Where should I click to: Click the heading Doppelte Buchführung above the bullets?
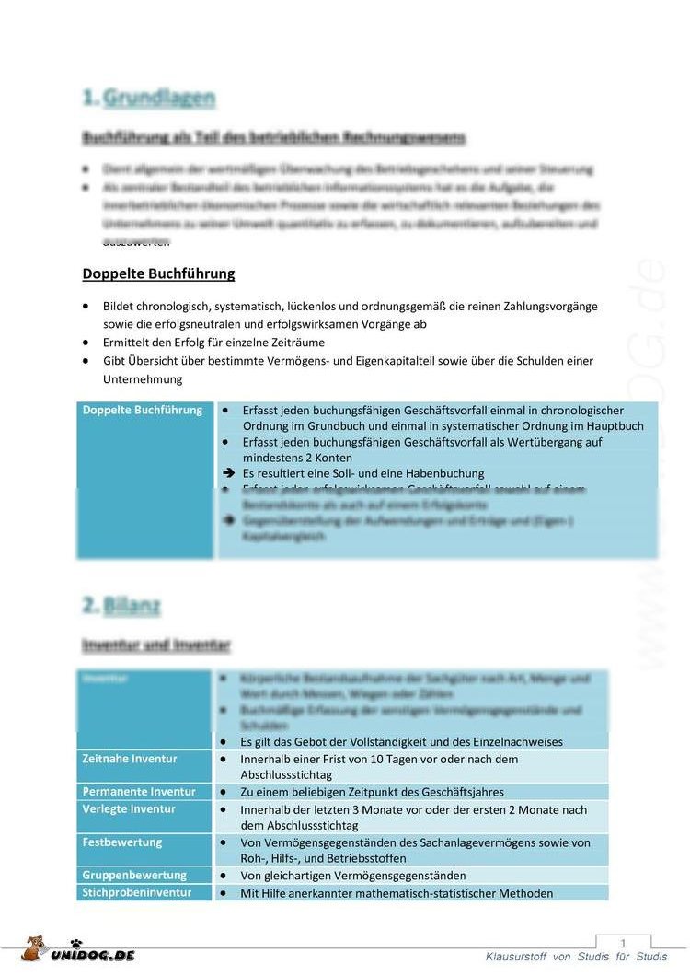pyautogui.click(x=158, y=273)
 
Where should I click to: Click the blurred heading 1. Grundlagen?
pyautogui.click(x=149, y=98)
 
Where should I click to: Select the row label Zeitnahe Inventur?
pyautogui.click(x=130, y=759)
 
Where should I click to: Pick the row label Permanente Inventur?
pyautogui.click(x=139, y=792)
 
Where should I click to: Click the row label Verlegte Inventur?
pyautogui.click(x=129, y=809)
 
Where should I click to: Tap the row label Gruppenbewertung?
pyautogui.click(x=134, y=876)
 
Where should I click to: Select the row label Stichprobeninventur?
pyautogui.click(x=137, y=892)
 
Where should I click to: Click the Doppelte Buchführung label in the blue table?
pyautogui.click(x=143, y=410)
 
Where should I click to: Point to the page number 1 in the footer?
pyautogui.click(x=623, y=944)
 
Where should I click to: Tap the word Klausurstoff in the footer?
pyautogui.click(x=516, y=958)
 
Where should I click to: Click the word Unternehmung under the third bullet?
pyautogui.click(x=143, y=379)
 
